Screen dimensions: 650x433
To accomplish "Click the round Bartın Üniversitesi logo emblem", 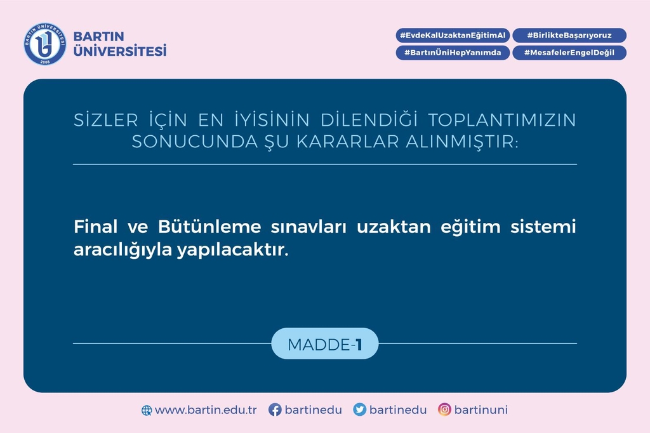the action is tap(45, 44).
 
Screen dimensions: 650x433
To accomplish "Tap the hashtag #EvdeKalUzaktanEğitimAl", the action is tap(453, 36).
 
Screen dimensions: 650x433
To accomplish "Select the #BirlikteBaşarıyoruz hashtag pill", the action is tap(569, 36).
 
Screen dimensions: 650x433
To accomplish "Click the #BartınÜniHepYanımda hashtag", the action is tap(453, 53).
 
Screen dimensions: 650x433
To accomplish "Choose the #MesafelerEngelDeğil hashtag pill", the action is tap(569, 53).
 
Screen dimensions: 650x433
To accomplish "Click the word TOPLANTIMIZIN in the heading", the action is tap(502, 120).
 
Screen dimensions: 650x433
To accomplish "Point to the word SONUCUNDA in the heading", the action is tap(195, 142).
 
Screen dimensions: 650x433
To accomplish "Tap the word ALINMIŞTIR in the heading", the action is tap(462, 142).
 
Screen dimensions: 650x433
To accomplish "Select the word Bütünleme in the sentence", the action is tap(209, 227).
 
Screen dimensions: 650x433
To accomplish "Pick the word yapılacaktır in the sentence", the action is tap(232, 250).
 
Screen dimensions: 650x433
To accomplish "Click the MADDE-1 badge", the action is tap(325, 344).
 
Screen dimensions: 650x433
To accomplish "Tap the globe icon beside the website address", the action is tap(147, 410).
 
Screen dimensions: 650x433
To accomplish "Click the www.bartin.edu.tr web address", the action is tap(206, 410).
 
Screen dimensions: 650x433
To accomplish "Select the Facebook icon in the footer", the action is tap(275, 410).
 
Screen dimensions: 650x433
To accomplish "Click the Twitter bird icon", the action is tap(359, 410).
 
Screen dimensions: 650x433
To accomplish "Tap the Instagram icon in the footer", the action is tap(444, 410).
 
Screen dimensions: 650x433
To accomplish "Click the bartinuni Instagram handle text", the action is tap(481, 410).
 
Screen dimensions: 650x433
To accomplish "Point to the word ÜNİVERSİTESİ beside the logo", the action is tap(120, 51).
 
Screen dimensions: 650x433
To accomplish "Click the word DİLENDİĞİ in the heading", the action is tap(369, 120).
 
